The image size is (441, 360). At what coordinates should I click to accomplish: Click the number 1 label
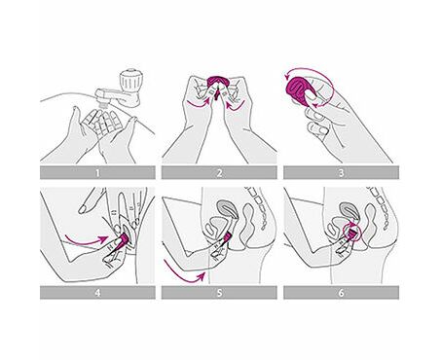pyautogui.click(x=97, y=173)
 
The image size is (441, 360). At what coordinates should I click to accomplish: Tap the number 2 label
pyautogui.click(x=219, y=173)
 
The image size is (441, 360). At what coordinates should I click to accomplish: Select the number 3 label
pyautogui.click(x=341, y=173)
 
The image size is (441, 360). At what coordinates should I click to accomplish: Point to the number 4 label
pyautogui.click(x=97, y=293)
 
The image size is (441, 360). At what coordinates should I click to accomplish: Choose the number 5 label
pyautogui.click(x=219, y=293)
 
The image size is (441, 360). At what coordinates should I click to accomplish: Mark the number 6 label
pyautogui.click(x=341, y=293)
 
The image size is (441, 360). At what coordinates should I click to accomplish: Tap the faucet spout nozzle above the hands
pyautogui.click(x=103, y=102)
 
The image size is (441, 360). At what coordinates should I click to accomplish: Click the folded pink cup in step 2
pyautogui.click(x=218, y=83)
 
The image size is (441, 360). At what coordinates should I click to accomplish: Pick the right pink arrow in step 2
pyautogui.click(x=235, y=104)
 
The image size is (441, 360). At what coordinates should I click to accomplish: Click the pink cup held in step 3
pyautogui.click(x=300, y=89)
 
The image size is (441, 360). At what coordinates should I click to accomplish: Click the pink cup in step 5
pyautogui.click(x=226, y=237)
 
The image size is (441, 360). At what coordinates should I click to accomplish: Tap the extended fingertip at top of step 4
pyautogui.click(x=84, y=208)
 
